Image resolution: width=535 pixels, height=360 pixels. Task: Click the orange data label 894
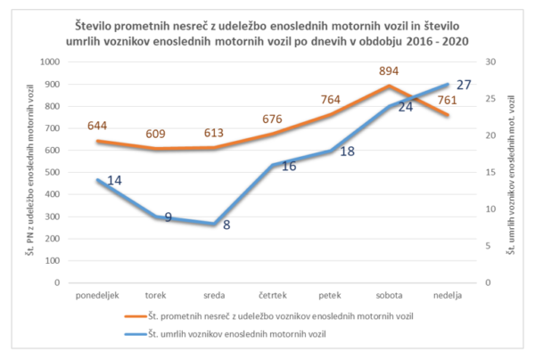[x=389, y=71]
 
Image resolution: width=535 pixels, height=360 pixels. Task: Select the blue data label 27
[x=464, y=85]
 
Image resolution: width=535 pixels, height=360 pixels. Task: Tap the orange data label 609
[x=155, y=134]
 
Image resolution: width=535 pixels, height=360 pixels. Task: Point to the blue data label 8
[x=226, y=225]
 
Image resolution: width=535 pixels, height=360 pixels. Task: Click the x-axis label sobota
[x=389, y=295]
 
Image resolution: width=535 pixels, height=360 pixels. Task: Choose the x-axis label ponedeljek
[x=97, y=295]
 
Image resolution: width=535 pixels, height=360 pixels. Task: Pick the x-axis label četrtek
[x=273, y=295]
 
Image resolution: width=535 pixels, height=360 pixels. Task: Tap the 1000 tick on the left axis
[x=50, y=62]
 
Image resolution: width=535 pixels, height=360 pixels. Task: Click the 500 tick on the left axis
[x=52, y=173]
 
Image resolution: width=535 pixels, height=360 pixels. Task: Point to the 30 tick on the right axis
[x=490, y=62]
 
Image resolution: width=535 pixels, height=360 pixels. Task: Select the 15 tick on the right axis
[x=490, y=173]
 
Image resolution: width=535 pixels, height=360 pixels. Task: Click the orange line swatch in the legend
[x=136, y=316]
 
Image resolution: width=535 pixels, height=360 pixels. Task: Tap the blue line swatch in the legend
[x=136, y=334]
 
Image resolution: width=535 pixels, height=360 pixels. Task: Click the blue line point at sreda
[x=214, y=224]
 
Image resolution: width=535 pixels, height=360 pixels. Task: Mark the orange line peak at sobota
[x=389, y=86]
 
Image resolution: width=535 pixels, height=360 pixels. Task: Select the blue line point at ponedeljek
[x=97, y=180]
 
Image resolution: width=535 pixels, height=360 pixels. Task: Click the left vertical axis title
[x=30, y=170]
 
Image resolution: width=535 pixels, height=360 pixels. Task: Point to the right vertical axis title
[x=511, y=175]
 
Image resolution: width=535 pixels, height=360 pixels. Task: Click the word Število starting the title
[x=94, y=26]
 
